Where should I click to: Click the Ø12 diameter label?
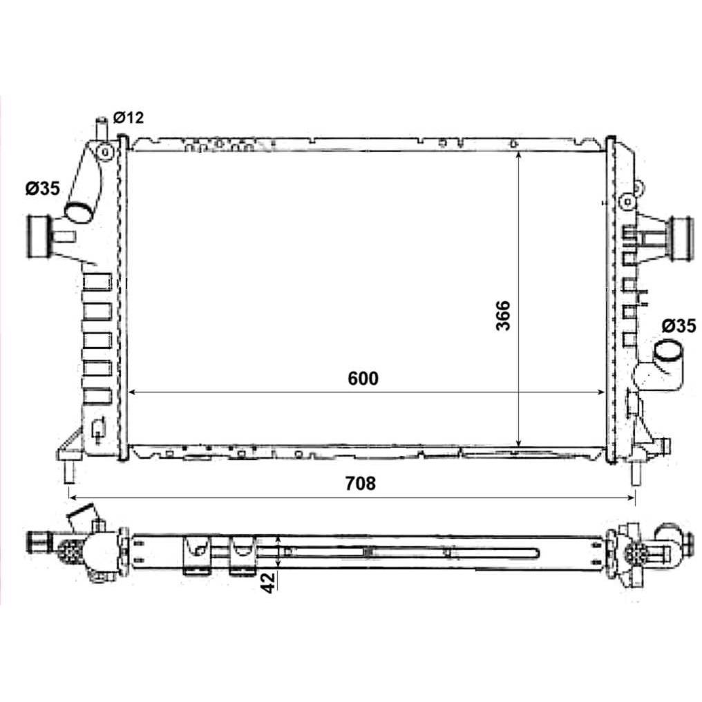(x=129, y=117)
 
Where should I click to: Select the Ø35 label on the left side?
(x=43, y=189)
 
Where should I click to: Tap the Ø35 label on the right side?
(x=679, y=326)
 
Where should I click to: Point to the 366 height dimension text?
(x=503, y=316)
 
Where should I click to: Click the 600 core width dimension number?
(x=363, y=379)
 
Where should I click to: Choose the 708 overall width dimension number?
(x=361, y=484)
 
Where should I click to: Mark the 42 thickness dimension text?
(x=268, y=583)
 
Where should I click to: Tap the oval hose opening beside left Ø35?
(x=79, y=211)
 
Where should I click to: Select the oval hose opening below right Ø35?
(x=667, y=350)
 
